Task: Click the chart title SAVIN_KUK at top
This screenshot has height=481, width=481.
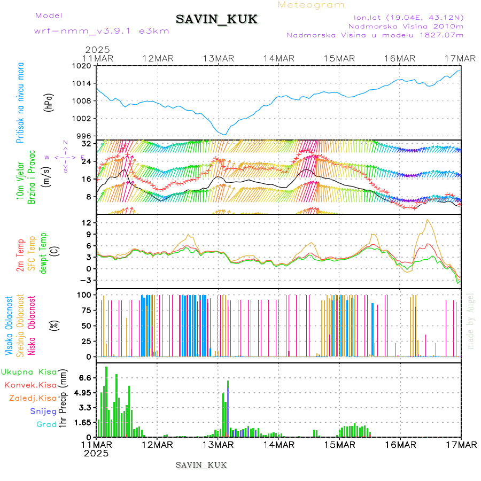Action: [217, 20]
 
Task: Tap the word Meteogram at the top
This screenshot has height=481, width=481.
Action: [312, 5]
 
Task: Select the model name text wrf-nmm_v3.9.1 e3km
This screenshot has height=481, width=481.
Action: [102, 31]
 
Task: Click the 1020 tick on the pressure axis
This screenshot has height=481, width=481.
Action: [83, 66]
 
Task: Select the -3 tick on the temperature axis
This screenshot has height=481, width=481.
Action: [86, 280]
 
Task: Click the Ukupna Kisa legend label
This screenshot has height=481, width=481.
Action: [28, 371]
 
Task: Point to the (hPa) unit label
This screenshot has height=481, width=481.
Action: [49, 101]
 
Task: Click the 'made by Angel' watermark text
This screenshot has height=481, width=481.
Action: [471, 321]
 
